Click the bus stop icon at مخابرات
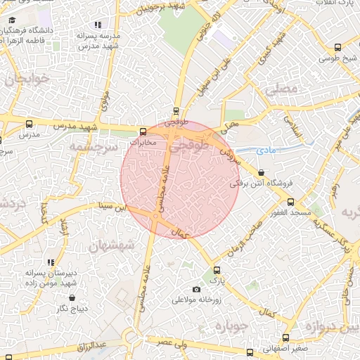coord(143,131)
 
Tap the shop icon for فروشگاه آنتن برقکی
coord(262,172)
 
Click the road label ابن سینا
coord(115,207)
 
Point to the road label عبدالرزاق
coord(91,346)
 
